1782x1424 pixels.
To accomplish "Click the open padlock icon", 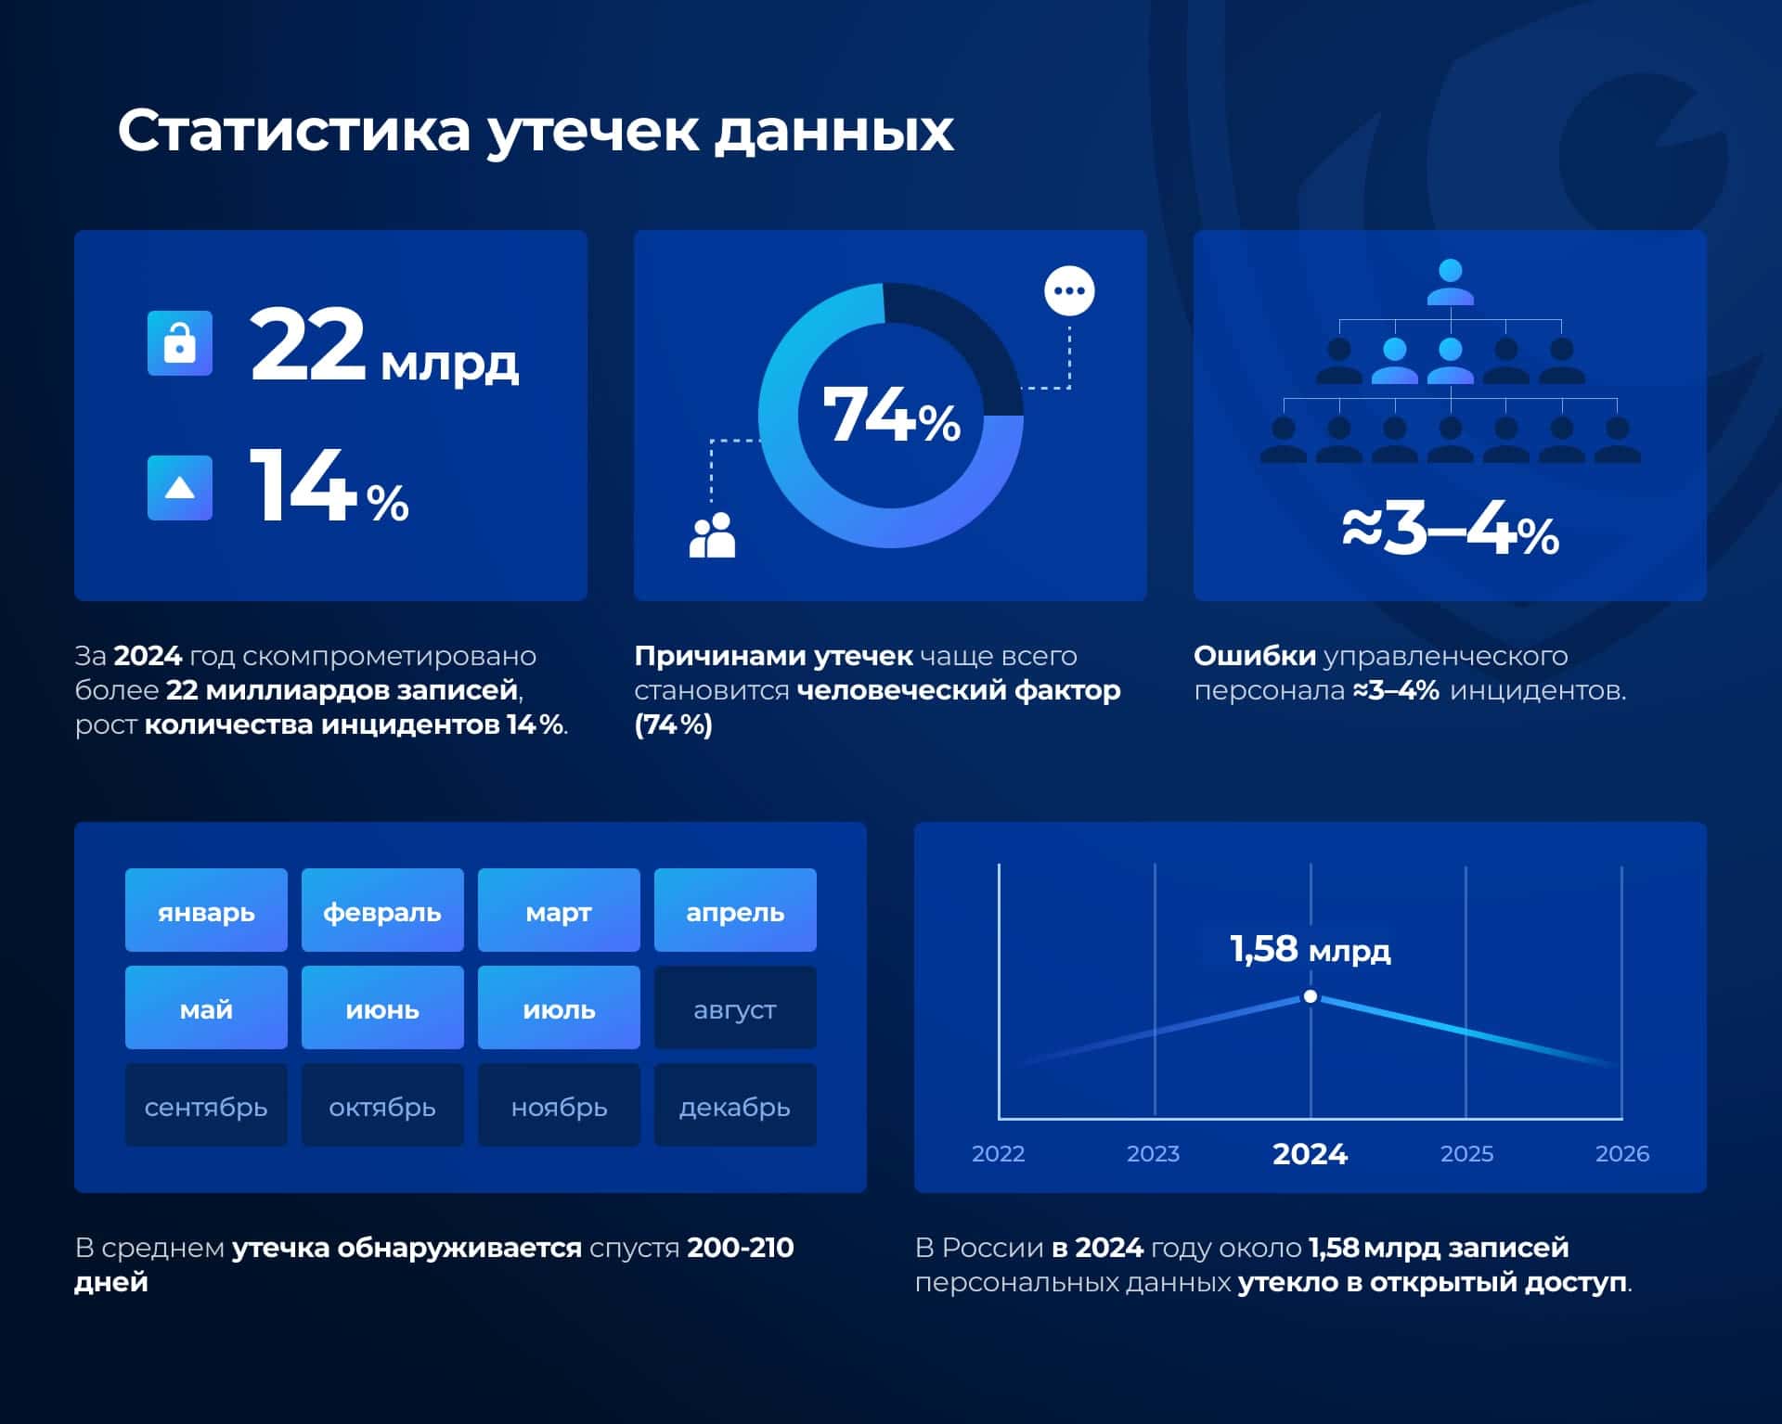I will coord(179,343).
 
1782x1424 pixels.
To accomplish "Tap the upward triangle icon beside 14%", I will coord(179,488).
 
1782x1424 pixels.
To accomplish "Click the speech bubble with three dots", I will coord(1069,291).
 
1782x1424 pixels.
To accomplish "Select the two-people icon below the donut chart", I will coord(712,535).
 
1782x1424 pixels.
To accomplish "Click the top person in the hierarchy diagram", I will coord(1450,282).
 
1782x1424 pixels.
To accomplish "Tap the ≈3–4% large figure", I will coord(1450,532).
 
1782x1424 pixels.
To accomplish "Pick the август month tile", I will coord(735,1008).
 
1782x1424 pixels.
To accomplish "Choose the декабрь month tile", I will coord(735,1106).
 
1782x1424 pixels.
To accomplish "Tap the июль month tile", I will coord(559,1008).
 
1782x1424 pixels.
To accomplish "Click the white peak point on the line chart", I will coord(1311,996).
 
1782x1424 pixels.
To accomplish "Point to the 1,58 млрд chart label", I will coord(1310,949).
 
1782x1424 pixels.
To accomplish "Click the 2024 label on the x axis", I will coord(1310,1154).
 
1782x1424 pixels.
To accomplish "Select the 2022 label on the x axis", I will coord(998,1154).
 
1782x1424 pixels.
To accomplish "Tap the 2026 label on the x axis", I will coord(1621,1154).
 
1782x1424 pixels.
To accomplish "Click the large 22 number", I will coord(308,344).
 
